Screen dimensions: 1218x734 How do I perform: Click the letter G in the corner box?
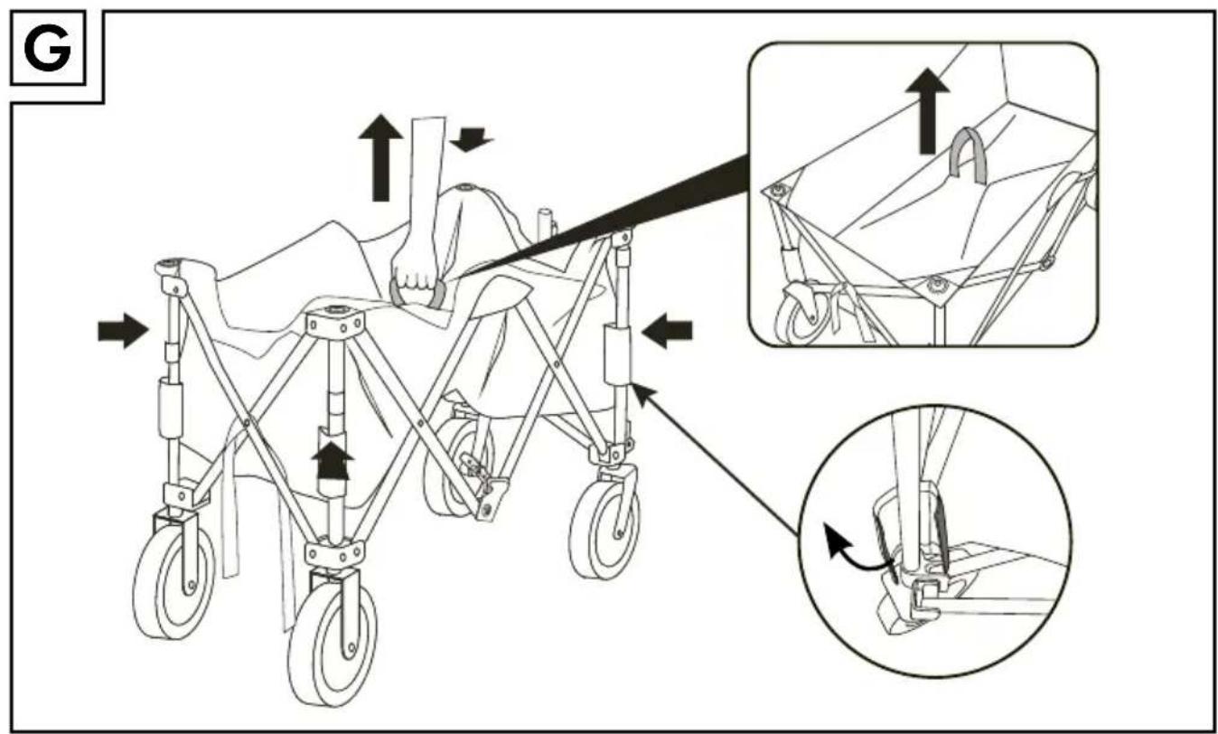pos(47,49)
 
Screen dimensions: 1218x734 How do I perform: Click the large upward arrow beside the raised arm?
pos(380,157)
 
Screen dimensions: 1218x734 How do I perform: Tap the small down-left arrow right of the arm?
pos(471,139)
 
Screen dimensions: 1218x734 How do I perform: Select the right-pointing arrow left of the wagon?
pos(123,330)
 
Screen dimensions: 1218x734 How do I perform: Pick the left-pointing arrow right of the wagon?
pos(667,330)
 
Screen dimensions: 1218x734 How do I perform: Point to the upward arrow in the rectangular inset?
pos(928,111)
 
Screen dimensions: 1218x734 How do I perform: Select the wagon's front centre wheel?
pos(333,642)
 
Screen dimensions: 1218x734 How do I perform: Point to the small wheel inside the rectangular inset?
pos(804,314)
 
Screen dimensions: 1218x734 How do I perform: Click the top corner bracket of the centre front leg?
pos(333,322)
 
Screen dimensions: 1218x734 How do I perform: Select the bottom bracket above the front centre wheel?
pos(334,553)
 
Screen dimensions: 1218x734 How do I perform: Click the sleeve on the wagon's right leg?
pos(616,355)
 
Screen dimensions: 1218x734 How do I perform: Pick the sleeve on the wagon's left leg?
pos(171,409)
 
